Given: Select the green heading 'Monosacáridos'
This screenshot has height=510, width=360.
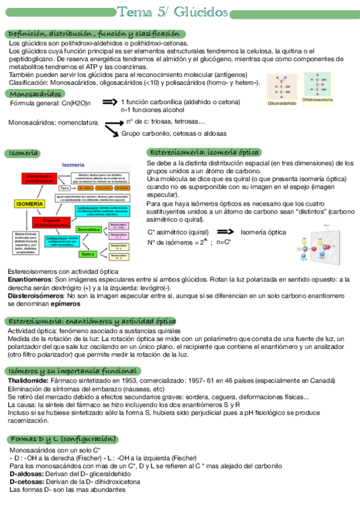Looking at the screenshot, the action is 35,94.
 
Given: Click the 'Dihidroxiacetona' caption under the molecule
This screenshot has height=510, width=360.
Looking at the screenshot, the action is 317,99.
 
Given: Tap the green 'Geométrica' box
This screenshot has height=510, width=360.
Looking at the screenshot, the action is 88,229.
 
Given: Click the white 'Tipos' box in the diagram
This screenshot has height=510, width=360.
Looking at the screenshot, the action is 64,188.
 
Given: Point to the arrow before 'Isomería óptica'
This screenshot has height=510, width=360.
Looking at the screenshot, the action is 225,232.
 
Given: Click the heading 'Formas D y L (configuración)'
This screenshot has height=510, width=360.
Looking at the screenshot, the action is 63,439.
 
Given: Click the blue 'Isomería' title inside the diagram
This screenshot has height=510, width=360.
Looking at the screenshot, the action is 73,165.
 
